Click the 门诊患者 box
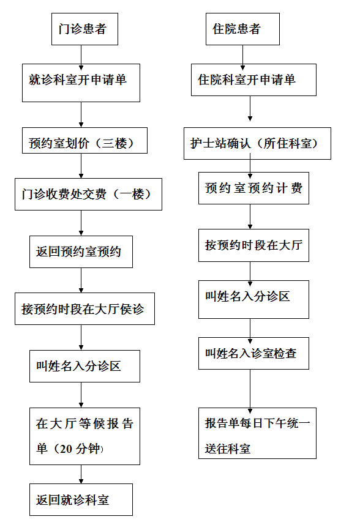click(x=84, y=29)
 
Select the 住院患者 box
click(x=242, y=29)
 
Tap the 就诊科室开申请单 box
click(x=81, y=83)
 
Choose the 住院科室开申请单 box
click(x=253, y=80)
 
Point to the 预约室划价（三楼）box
click(x=84, y=141)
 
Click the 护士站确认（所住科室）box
click(x=257, y=143)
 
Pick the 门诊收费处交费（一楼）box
click(x=88, y=194)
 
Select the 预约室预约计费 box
click(x=253, y=188)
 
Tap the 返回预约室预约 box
click(x=81, y=252)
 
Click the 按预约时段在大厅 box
click(x=253, y=245)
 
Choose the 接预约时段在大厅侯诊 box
click(x=84, y=308)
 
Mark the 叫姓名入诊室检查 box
click(x=253, y=353)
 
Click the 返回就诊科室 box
click(x=81, y=500)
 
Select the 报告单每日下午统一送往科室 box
click(x=257, y=433)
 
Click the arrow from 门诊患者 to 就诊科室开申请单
click(x=81, y=58)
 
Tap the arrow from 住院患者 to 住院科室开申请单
click(x=242, y=58)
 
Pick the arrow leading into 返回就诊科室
click(x=81, y=474)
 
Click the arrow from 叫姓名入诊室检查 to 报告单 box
click(x=250, y=391)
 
